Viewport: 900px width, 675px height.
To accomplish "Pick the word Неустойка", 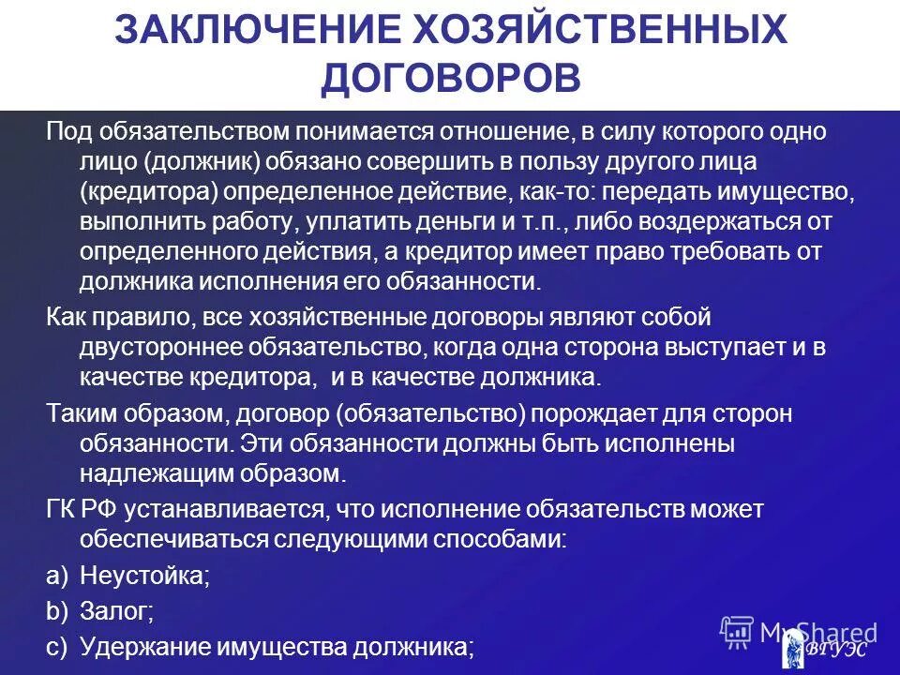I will [x=144, y=576].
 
